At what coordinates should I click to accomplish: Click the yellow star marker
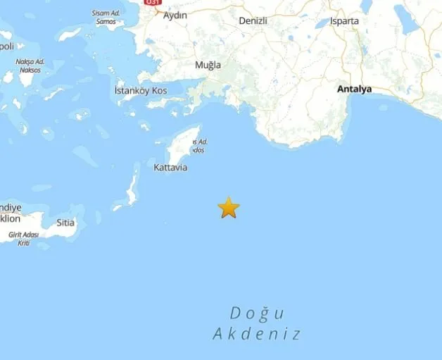coord(229,208)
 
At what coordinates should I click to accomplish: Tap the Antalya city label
coord(354,89)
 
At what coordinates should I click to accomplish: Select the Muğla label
coord(208,66)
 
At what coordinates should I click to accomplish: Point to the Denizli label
coord(253,21)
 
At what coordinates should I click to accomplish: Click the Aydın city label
coord(175,15)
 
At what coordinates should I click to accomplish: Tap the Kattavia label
coord(170,168)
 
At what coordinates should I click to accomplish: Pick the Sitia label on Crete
coord(65,222)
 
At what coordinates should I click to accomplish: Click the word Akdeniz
coord(257,334)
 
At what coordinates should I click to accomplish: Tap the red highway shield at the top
coord(151,4)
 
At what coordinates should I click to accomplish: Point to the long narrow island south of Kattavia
coord(131,187)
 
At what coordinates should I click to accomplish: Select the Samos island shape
coord(70,34)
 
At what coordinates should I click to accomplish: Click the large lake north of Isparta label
coord(366,6)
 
